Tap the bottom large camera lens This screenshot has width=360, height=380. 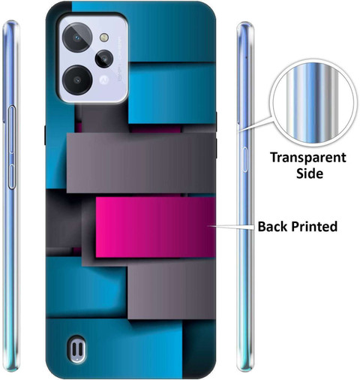[x=77, y=80]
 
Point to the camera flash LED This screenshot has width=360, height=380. [x=104, y=38]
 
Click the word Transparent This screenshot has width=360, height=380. [x=308, y=158]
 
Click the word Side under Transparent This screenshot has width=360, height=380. [x=310, y=173]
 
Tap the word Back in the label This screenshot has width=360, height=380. [x=273, y=226]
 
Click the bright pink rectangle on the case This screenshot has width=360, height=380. [x=155, y=227]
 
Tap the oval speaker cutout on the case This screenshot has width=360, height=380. [x=77, y=348]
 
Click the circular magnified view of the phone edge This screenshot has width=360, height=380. [x=313, y=103]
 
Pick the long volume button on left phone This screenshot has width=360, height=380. [x=12, y=129]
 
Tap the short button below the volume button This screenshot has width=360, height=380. [x=12, y=176]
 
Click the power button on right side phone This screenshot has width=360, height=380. [x=245, y=159]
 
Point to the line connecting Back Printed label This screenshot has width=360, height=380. [x=232, y=227]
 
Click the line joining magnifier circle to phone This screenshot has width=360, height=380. [x=255, y=124]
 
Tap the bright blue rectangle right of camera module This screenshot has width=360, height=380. [x=172, y=93]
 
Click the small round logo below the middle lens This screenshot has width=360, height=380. [x=103, y=80]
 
